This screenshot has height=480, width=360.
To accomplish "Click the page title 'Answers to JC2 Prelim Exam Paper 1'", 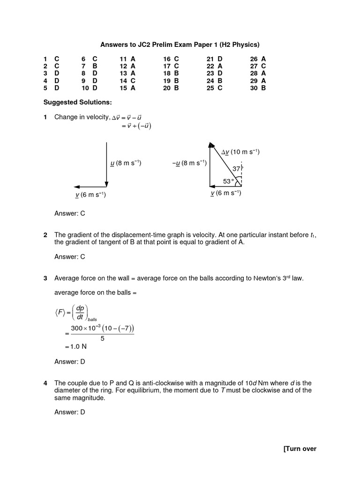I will pyautogui.click(x=180, y=45).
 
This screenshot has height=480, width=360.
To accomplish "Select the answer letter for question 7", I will pyautogui.click(x=95, y=67).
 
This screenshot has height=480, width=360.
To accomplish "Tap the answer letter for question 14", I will pyautogui.click(x=133, y=81).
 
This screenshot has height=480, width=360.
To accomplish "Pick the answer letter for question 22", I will pyautogui.click(x=220, y=67).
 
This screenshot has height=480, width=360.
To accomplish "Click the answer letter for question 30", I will pyautogui.click(x=263, y=88).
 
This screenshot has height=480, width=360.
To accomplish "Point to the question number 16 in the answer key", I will pyautogui.click(x=167, y=59).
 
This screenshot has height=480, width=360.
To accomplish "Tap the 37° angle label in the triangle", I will pyautogui.click(x=237, y=168).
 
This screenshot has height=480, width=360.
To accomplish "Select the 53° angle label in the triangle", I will pyautogui.click(x=228, y=181).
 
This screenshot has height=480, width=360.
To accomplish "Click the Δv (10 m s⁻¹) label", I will pyautogui.click(x=240, y=152).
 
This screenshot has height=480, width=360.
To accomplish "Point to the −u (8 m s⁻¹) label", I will pyautogui.click(x=189, y=163).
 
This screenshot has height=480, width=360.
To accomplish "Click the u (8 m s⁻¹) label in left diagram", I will pyautogui.click(x=125, y=163).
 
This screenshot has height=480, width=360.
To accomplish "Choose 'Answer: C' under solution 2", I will pyautogui.click(x=70, y=256).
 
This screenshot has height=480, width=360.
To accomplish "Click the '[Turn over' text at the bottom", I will pyautogui.click(x=300, y=449).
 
